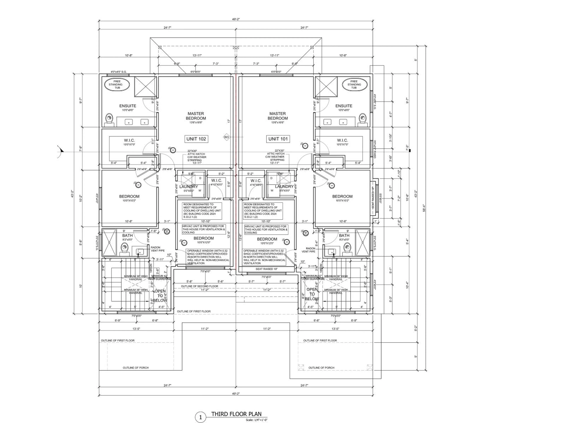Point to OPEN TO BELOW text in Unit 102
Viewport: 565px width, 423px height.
pyautogui.click(x=160, y=296)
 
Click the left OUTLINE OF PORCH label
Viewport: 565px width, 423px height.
pyautogui.click(x=136, y=368)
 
